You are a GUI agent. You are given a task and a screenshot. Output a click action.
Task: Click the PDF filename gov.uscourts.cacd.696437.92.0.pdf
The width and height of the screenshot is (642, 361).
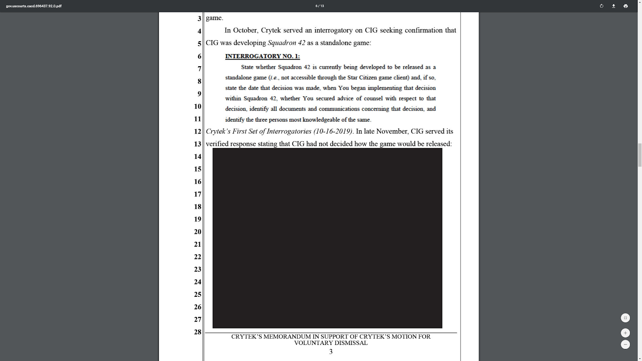tap(34, 6)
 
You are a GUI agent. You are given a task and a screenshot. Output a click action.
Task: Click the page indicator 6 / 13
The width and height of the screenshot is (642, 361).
tap(320, 6)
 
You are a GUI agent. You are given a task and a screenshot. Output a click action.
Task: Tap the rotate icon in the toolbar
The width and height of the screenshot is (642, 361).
tap(601, 6)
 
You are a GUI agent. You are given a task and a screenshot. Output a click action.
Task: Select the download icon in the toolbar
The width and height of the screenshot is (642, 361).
tap(614, 6)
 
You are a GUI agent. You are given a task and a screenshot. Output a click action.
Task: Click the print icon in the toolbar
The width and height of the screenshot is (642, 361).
tap(626, 6)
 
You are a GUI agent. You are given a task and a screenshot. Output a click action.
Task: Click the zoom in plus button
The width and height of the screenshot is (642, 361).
tap(625, 333)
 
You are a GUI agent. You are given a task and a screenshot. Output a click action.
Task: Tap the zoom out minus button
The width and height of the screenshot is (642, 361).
tap(625, 345)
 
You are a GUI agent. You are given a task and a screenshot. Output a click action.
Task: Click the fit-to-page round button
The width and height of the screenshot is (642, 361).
tap(625, 318)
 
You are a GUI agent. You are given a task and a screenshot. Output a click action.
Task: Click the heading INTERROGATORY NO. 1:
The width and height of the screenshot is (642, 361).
tap(262, 56)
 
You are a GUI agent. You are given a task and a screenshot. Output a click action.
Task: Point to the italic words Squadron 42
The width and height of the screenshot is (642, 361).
tap(286, 43)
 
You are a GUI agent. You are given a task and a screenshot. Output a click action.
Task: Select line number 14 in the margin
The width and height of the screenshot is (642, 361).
tap(197, 156)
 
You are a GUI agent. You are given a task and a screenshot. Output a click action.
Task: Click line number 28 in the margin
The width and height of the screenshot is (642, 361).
tap(197, 332)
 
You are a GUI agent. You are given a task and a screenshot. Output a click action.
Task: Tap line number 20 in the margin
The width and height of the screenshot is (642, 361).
tap(197, 232)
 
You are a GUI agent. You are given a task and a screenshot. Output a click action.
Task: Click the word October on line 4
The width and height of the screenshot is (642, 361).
tap(245, 30)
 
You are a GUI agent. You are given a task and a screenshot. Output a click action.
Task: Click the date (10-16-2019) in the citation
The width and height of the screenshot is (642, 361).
tap(333, 132)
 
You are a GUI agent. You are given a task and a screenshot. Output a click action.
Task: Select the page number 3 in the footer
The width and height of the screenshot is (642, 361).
tap(331, 352)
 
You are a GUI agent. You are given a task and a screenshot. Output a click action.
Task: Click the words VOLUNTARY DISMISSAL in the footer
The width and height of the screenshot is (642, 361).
tap(331, 343)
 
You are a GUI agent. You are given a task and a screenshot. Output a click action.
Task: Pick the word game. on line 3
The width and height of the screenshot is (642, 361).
tap(214, 18)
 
